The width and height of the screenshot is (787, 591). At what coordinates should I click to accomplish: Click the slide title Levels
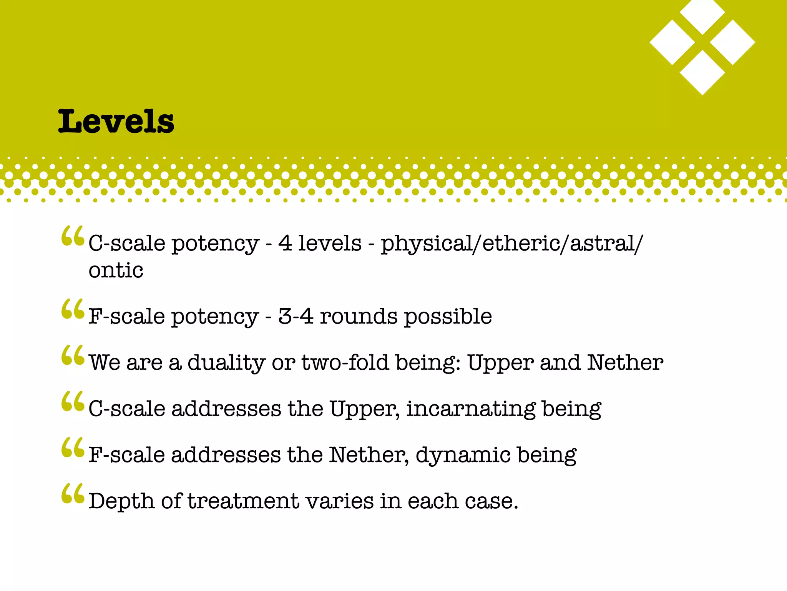[116, 122]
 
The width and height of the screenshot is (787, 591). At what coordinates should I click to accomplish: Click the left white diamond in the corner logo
[672, 42]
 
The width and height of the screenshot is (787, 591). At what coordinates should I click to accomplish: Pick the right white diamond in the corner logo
[732, 42]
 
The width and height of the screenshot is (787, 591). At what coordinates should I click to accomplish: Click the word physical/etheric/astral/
[511, 244]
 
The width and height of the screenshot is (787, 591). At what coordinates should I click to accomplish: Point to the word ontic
[116, 270]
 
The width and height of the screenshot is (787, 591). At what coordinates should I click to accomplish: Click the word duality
[226, 363]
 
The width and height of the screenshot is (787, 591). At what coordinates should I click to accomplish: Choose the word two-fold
[345, 362]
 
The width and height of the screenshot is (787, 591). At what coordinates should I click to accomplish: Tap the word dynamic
[463, 456]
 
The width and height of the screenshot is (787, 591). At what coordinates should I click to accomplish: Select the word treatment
[243, 501]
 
